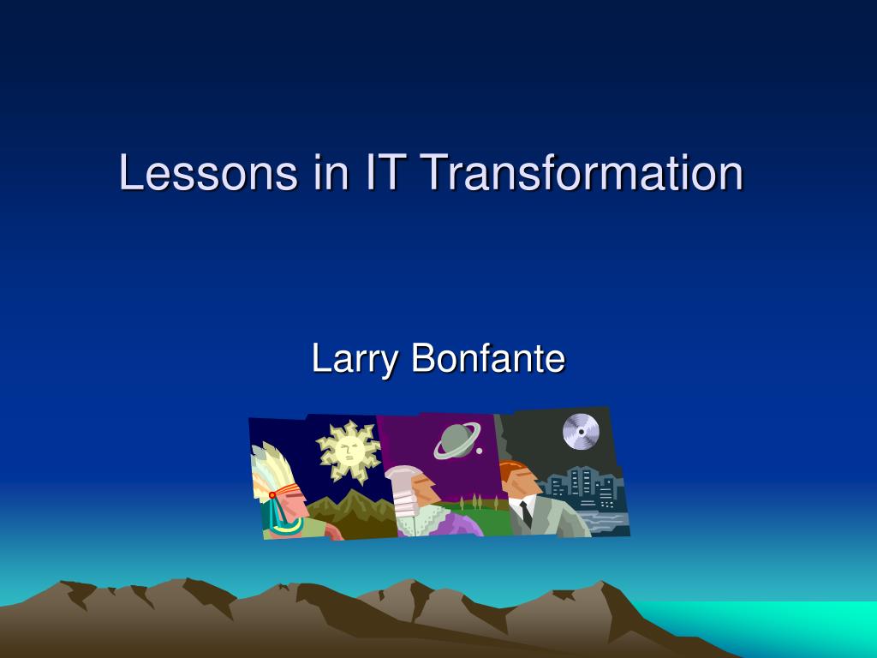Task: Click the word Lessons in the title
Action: pyautogui.click(x=208, y=171)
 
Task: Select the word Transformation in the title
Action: pyautogui.click(x=582, y=171)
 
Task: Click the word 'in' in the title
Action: pyautogui.click(x=331, y=171)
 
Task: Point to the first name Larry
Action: pyautogui.click(x=354, y=359)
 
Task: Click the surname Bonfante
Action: pyautogui.click(x=488, y=358)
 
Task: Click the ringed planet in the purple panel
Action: pyautogui.click(x=456, y=440)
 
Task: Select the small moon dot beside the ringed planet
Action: pyautogui.click(x=479, y=451)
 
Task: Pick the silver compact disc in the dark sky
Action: pyautogui.click(x=581, y=432)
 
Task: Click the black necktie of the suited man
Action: pyautogui.click(x=526, y=515)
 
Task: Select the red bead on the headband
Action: pyautogui.click(x=272, y=495)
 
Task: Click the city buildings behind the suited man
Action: pyautogui.click(x=584, y=489)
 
